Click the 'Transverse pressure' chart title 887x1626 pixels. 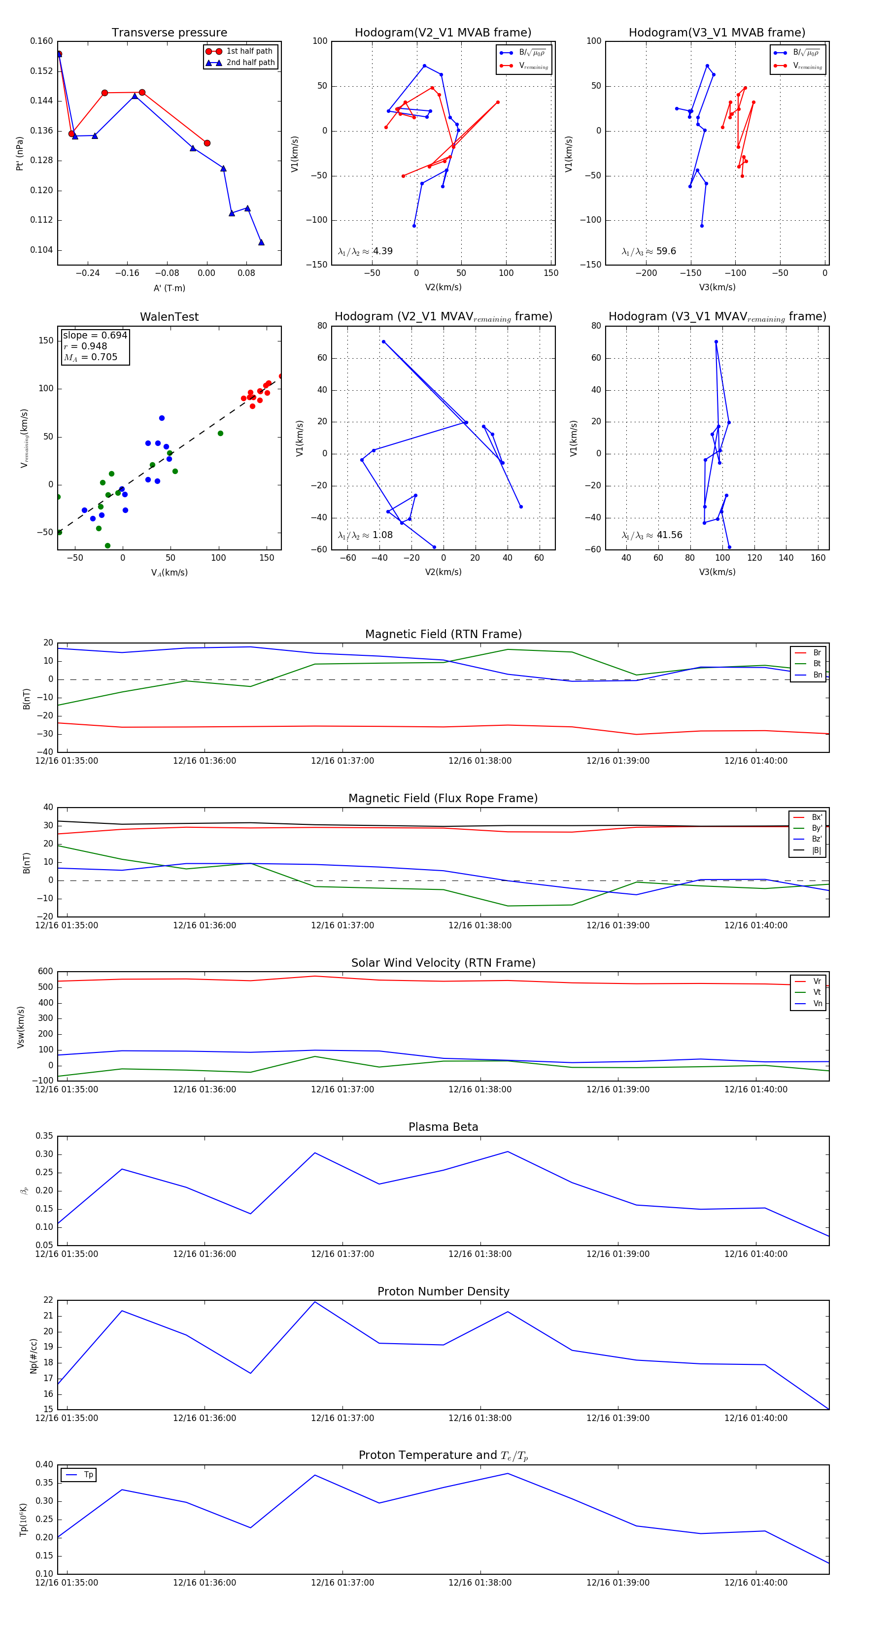click(x=169, y=33)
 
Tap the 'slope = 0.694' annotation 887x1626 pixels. click(x=95, y=335)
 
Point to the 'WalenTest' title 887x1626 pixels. click(x=169, y=317)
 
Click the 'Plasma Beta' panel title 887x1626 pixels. click(x=443, y=1127)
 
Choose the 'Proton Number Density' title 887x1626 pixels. click(x=443, y=1291)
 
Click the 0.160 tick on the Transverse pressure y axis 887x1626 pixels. click(x=42, y=41)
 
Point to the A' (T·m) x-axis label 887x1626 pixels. click(x=169, y=288)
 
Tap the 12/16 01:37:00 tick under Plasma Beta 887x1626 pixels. click(x=342, y=1253)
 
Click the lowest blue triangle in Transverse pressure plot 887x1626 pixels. click(x=261, y=242)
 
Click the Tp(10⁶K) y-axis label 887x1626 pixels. click(x=23, y=1519)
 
